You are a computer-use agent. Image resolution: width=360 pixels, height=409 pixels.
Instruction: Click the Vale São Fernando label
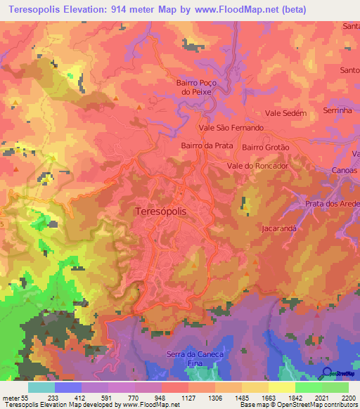pos(231,128)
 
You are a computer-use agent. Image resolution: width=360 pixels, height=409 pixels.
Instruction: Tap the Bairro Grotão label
pos(266,148)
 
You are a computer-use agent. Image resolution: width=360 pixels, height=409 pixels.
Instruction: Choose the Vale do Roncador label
pos(258,166)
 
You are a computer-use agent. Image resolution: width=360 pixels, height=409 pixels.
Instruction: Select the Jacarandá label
pos(279,229)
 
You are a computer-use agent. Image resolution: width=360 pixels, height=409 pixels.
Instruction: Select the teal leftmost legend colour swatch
pos(41,387)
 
